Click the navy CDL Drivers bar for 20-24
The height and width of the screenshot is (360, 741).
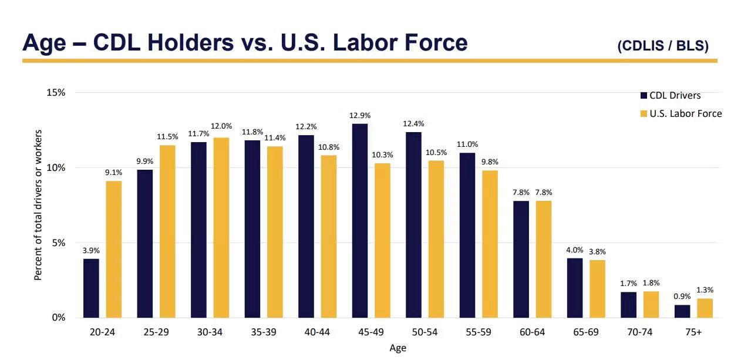tap(91, 288)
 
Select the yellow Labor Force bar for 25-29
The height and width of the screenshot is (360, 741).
tap(167, 231)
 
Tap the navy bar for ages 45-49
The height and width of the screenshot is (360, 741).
tap(360, 221)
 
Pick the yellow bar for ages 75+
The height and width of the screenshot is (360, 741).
tap(705, 308)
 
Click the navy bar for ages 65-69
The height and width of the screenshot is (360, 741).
tap(575, 288)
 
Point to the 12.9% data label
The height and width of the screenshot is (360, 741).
tap(360, 116)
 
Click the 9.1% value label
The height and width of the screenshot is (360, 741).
tap(113, 173)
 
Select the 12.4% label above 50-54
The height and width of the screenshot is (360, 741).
tap(413, 124)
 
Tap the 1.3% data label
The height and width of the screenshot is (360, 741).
tap(705, 290)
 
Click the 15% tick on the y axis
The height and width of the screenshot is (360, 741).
tap(56, 92)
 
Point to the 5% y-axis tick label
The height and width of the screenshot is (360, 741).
tap(59, 243)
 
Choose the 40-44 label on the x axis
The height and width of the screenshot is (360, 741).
tap(317, 332)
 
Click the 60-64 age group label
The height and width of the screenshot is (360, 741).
tap(532, 332)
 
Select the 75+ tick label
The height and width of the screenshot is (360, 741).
tap(693, 332)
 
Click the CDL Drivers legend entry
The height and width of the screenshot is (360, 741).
tap(671, 96)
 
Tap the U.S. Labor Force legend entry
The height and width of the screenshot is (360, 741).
tap(681, 114)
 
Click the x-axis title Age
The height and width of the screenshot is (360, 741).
tap(398, 348)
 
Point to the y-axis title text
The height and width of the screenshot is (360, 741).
tap(38, 205)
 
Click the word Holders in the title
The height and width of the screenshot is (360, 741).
tap(191, 42)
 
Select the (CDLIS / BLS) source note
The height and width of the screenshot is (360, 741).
tap(663, 46)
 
